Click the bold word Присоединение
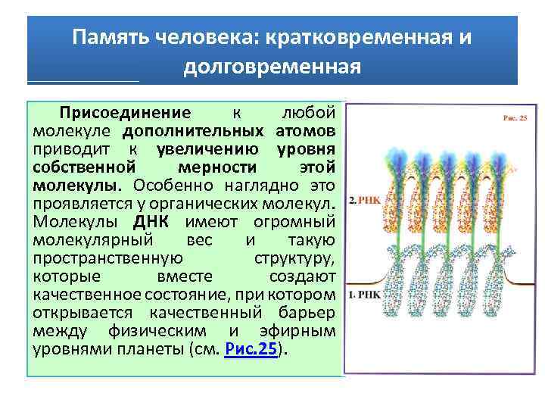[x=126, y=113]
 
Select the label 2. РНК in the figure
[x=363, y=201]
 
